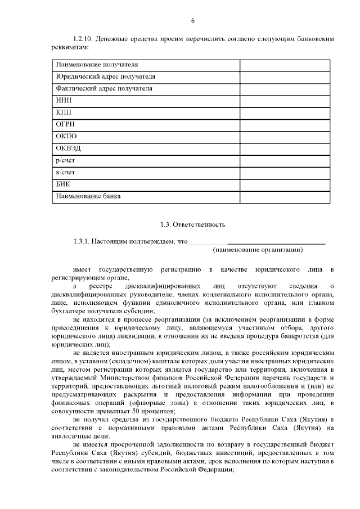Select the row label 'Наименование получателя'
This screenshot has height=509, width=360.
97,65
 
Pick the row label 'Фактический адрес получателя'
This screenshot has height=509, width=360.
105,88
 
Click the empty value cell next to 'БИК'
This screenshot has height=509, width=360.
285,184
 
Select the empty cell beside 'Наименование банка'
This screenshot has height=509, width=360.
285,196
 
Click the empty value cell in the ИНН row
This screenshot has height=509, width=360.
285,100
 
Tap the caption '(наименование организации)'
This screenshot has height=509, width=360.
258,249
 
